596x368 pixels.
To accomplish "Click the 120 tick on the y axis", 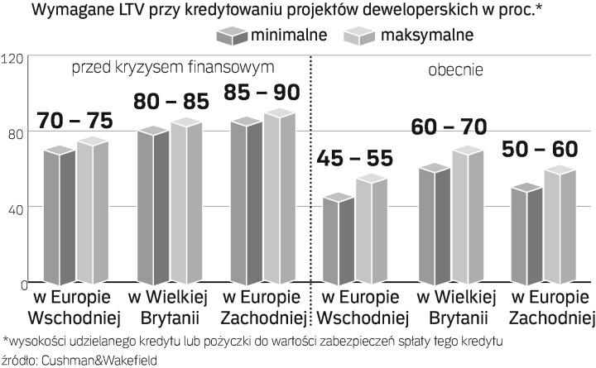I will [x=12, y=60].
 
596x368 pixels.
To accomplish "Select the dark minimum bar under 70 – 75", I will [x=57, y=215].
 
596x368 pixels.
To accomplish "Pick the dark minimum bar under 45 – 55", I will [x=337, y=240].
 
